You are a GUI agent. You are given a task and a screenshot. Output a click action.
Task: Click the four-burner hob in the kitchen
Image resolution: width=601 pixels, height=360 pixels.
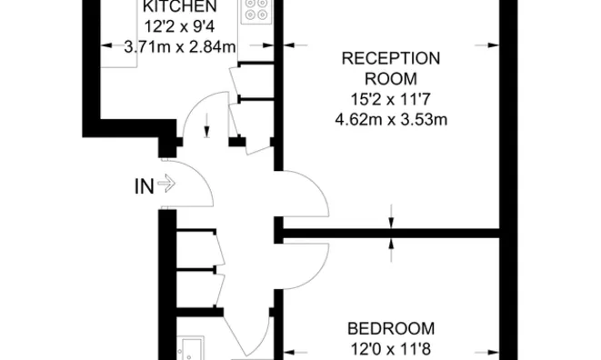(254, 10)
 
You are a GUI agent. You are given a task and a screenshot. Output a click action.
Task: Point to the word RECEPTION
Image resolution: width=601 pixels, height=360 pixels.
(390, 59)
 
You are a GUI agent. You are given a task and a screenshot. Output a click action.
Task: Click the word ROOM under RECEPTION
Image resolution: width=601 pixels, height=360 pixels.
(390, 78)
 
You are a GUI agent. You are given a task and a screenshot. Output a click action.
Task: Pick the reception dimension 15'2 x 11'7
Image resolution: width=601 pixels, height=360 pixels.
(390, 98)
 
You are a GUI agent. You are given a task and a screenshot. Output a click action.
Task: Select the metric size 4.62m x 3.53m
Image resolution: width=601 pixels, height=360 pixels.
(390, 118)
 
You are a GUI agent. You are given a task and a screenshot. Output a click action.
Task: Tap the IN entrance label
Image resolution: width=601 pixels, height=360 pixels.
(144, 187)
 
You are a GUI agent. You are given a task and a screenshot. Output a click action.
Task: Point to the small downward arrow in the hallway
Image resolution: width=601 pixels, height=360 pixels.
(208, 124)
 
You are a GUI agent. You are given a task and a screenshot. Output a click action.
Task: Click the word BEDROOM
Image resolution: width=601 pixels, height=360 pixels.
(391, 328)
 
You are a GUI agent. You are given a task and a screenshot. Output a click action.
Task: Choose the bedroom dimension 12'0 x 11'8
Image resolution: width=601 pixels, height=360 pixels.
(391, 347)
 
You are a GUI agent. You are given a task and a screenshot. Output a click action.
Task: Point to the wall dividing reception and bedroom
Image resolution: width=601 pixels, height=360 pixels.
(391, 234)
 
